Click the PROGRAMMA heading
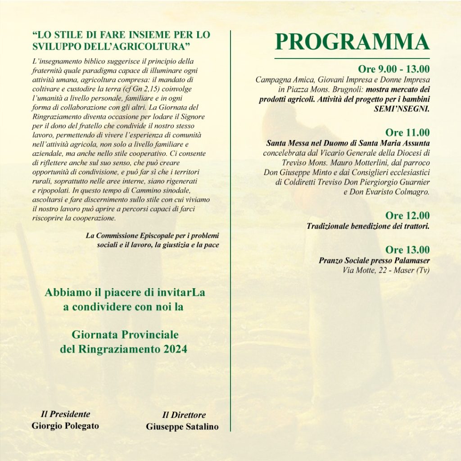352,42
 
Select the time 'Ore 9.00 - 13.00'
393,69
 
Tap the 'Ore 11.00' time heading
407,133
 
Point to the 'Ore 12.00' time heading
407,216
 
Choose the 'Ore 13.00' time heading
407,250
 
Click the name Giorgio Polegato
65,425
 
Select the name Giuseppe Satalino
182,427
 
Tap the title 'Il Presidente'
65,414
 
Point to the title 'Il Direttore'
184,415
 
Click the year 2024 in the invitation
176,349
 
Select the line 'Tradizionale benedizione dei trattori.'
368,226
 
